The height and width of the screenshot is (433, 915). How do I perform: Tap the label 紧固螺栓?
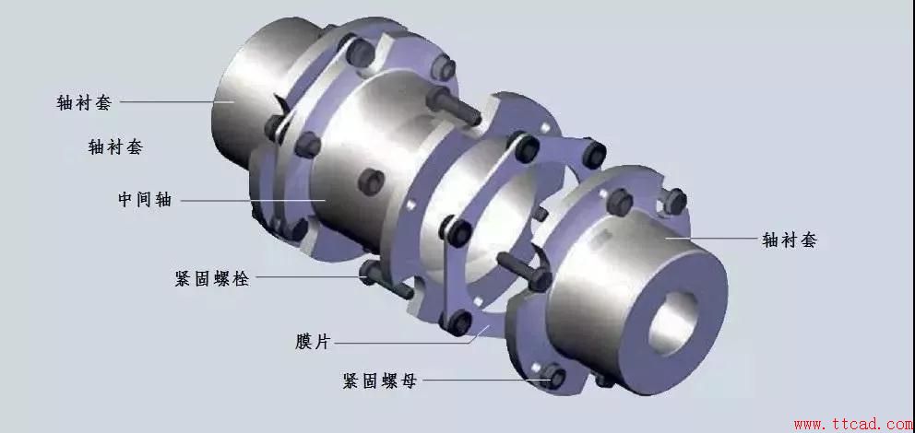211,278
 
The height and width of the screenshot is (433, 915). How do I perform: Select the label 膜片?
311,342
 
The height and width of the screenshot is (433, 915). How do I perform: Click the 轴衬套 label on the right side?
789,240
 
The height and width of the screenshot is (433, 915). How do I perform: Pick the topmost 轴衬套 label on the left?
84,103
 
